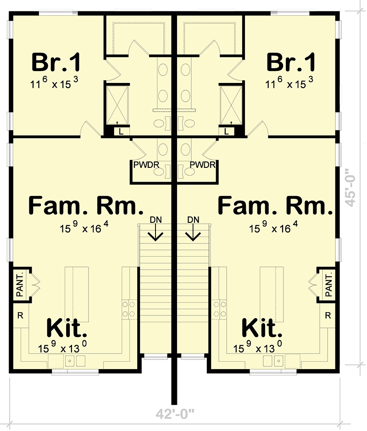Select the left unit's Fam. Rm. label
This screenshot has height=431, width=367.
83,205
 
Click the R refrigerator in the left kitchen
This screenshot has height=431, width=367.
20,315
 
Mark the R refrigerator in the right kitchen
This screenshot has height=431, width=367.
328,315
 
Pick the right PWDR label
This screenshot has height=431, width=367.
202,164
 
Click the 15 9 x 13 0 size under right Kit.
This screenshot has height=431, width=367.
260,348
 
